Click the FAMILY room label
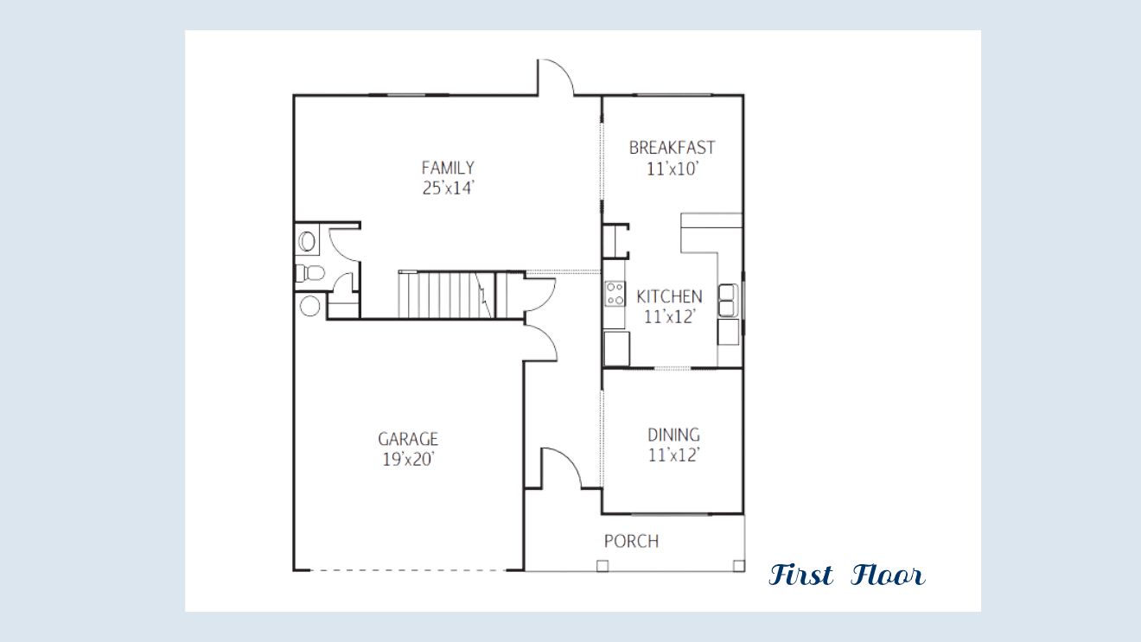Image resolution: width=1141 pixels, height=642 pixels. pyautogui.click(x=448, y=168)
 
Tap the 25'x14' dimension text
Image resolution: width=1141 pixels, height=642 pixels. pyautogui.click(x=449, y=188)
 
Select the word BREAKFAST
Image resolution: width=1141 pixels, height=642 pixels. pyautogui.click(x=672, y=148)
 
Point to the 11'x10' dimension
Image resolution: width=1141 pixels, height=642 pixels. pyautogui.click(x=672, y=168)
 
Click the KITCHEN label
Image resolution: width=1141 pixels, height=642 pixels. pyautogui.click(x=669, y=296)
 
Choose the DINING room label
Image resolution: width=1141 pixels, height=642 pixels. pyautogui.click(x=673, y=435)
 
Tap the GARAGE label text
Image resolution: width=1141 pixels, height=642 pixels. pyautogui.click(x=408, y=439)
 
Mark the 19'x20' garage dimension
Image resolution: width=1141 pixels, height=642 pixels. pyautogui.click(x=408, y=459)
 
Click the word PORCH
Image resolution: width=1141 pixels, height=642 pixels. pyautogui.click(x=631, y=541)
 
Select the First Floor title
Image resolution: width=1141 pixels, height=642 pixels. pyautogui.click(x=846, y=575)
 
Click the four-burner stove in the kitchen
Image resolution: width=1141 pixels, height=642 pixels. pyautogui.click(x=615, y=294)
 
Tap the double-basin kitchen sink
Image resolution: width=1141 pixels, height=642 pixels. pyautogui.click(x=728, y=301)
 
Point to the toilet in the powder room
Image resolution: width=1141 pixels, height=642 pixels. pyautogui.click(x=310, y=273)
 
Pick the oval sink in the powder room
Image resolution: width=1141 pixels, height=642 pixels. pyautogui.click(x=307, y=241)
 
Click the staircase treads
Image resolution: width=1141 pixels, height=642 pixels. pyautogui.click(x=446, y=296)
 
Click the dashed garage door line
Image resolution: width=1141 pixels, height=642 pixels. pyautogui.click(x=407, y=570)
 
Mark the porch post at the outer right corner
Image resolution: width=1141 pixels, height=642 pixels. pyautogui.click(x=738, y=566)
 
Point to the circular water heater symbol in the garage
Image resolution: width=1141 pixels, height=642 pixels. pyautogui.click(x=309, y=307)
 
